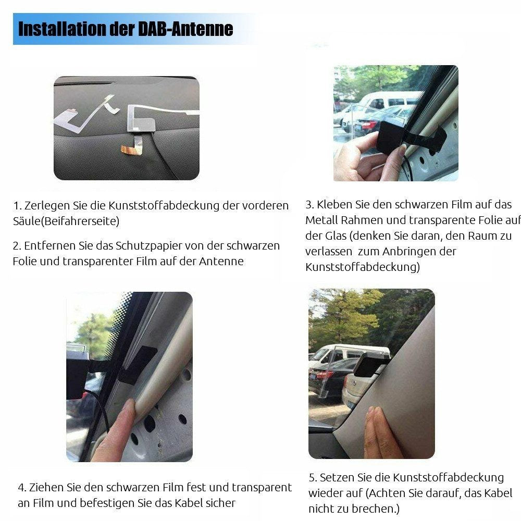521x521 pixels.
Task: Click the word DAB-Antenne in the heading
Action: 185,29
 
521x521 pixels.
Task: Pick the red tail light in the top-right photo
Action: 369,126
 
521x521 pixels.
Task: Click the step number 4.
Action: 22,488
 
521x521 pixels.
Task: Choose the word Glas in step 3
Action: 335,236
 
